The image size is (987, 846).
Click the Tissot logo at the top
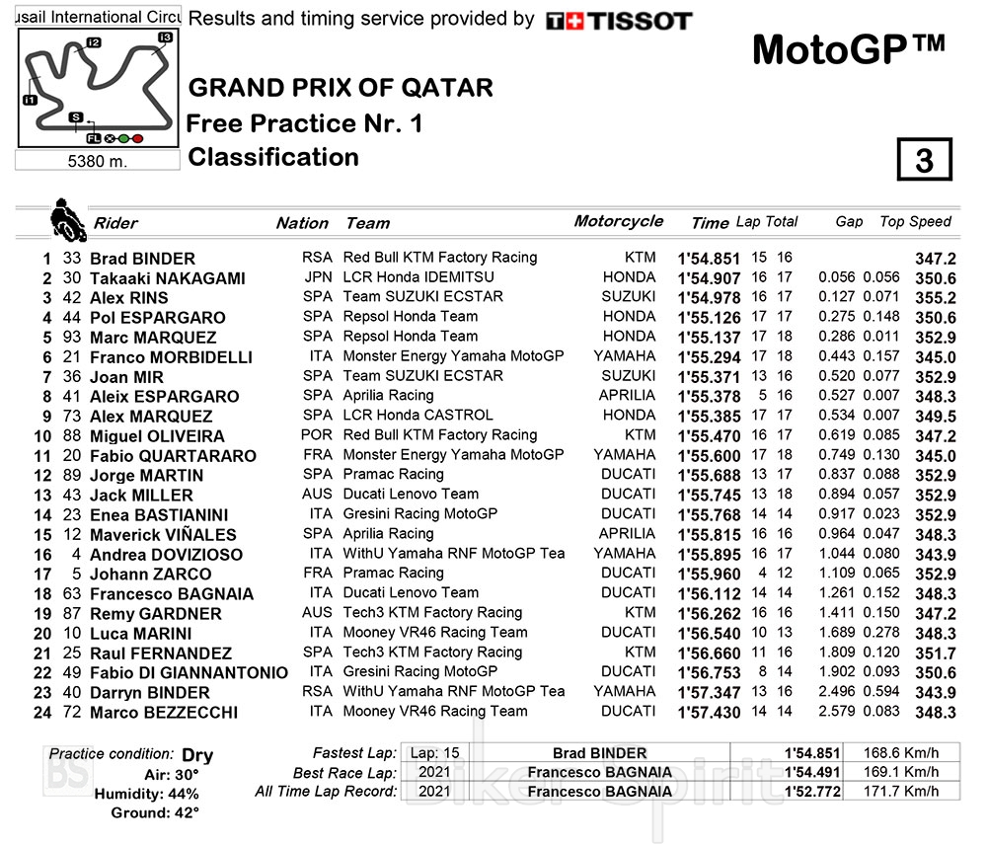(x=619, y=21)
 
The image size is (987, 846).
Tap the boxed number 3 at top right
(x=923, y=161)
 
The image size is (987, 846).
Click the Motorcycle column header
(x=618, y=221)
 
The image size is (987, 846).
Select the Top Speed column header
(x=915, y=222)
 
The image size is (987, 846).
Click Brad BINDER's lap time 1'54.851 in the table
(x=708, y=259)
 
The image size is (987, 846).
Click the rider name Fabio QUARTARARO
(x=173, y=456)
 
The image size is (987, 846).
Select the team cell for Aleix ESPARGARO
(x=388, y=396)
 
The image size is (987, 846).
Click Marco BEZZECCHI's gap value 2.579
(x=837, y=712)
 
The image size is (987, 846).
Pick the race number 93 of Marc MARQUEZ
(x=72, y=338)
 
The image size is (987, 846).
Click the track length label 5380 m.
(x=97, y=161)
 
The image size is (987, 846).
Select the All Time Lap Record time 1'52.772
(x=810, y=792)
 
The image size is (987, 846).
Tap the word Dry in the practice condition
(x=197, y=756)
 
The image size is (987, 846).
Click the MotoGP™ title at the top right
(x=848, y=49)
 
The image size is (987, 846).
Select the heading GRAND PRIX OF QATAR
(x=340, y=87)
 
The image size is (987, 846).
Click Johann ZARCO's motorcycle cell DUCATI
(x=628, y=574)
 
